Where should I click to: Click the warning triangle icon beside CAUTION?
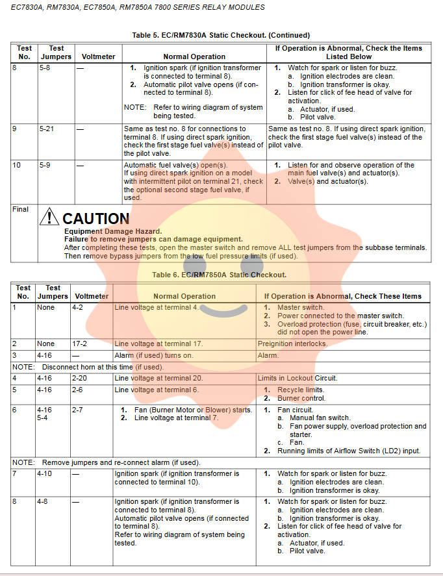49,217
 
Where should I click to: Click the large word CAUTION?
96,218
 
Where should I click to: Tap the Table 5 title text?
221,35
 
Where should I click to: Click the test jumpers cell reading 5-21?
47,129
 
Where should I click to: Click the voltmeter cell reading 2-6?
78,390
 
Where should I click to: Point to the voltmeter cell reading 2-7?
78,410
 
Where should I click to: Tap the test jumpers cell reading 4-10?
45,474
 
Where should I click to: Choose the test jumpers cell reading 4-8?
43,502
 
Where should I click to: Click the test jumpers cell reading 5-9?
45,165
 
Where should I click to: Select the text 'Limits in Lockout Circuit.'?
297,378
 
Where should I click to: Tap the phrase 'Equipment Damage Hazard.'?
112,231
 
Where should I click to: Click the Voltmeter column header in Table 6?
92,296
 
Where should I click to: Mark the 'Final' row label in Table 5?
21,209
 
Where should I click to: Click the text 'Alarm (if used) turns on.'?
154,355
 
